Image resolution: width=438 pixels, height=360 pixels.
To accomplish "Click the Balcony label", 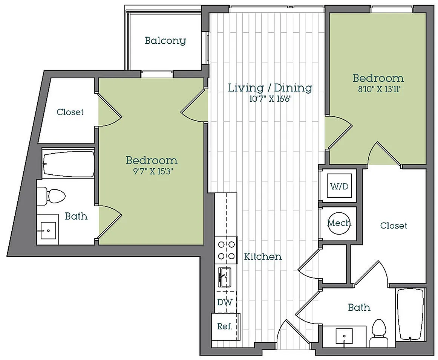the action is [165, 41].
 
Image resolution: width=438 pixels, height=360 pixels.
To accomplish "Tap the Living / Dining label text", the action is [270, 88].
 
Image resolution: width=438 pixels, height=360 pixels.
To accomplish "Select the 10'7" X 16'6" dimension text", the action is [270, 99].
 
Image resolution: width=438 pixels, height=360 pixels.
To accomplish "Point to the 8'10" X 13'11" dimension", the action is [380, 89].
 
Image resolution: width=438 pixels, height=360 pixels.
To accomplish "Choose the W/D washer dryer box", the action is [339, 186].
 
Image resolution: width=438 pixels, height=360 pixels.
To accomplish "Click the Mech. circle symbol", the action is [339, 223].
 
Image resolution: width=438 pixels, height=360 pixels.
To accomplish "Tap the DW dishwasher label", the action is [225, 302].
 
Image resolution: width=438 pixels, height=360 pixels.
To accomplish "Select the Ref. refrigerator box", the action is [226, 326].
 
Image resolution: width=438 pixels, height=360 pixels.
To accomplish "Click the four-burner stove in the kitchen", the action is [226, 250].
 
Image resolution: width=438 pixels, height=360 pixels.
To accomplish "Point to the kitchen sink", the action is [224, 277].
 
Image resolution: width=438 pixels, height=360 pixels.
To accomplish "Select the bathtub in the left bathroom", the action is [69, 164].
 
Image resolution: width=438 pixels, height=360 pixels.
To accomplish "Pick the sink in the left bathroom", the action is [48, 230].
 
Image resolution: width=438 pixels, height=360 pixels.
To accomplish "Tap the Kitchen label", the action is [263, 256].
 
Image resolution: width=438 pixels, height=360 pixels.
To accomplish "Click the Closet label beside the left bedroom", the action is [70, 112].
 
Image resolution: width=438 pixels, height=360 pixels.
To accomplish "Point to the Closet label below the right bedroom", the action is [394, 226].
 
